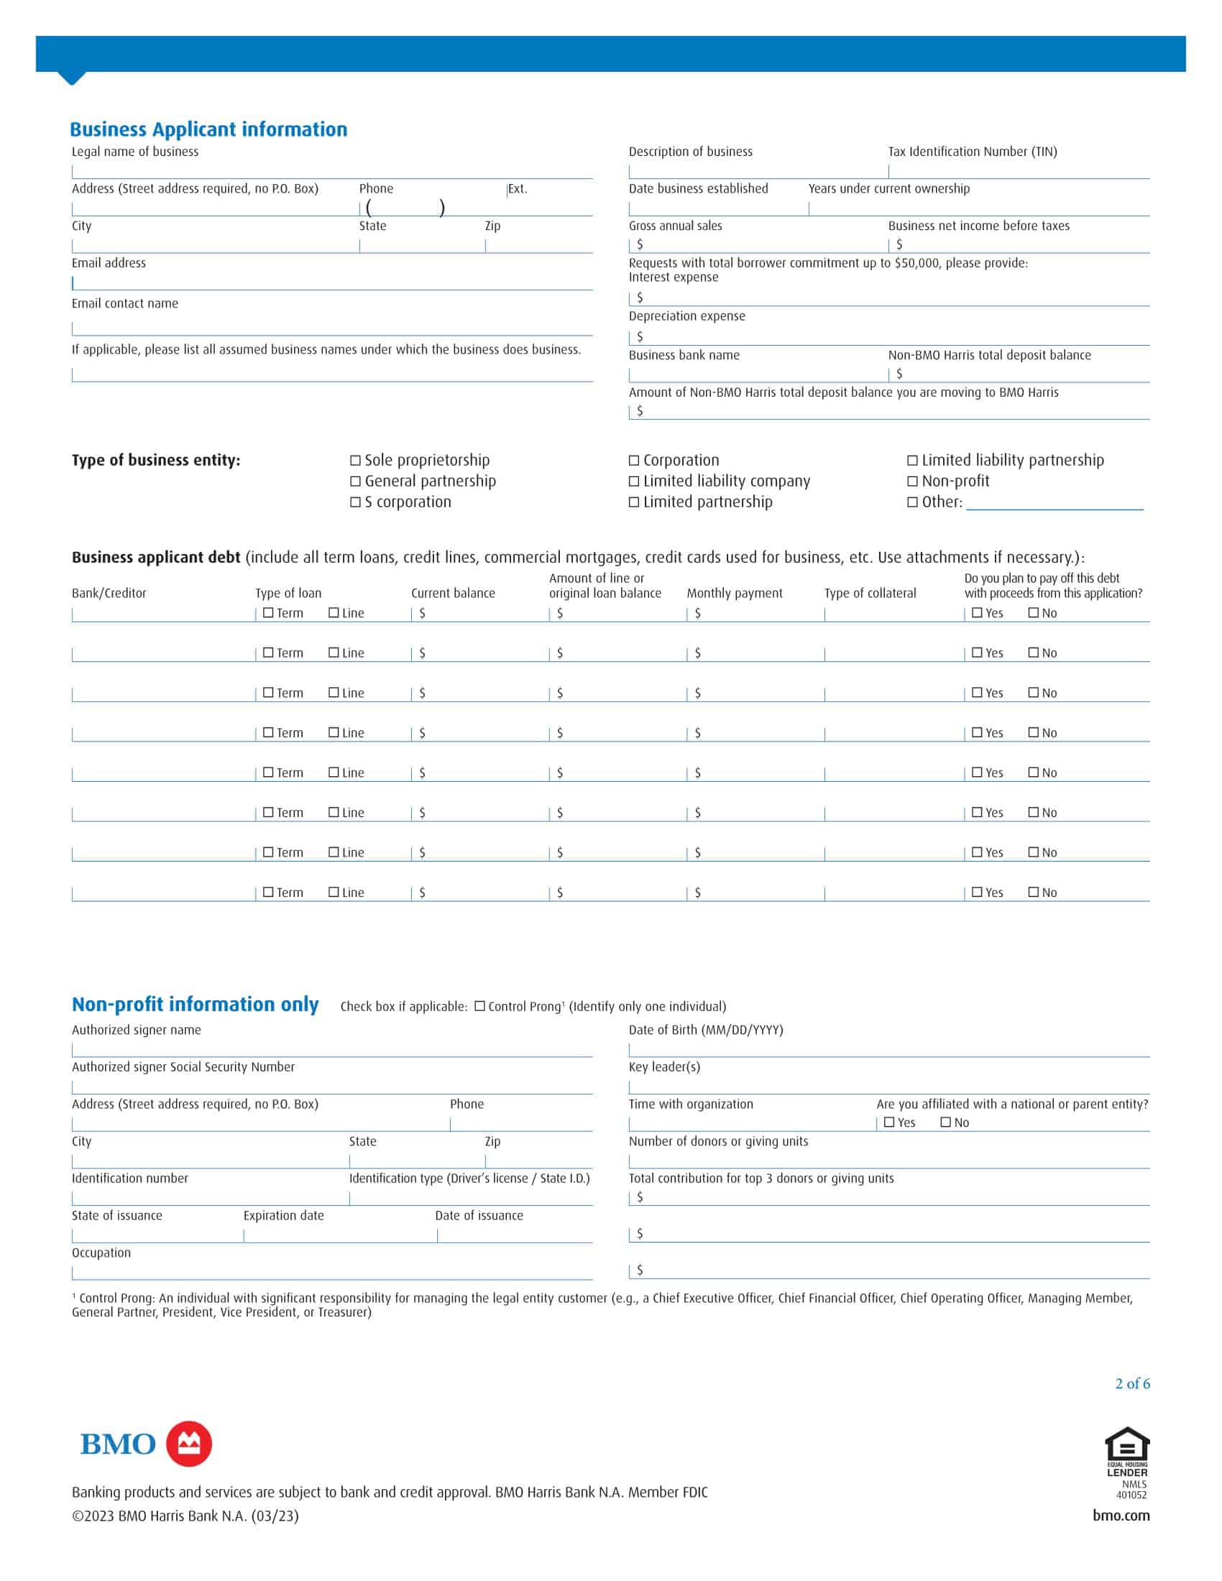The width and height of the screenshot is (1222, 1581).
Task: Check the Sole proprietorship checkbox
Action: tap(355, 461)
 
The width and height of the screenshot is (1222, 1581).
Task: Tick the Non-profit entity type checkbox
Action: tap(912, 481)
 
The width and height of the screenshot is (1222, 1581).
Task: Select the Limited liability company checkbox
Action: tap(634, 481)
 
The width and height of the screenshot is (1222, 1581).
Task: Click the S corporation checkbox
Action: tap(355, 502)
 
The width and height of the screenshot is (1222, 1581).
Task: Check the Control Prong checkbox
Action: tap(479, 1006)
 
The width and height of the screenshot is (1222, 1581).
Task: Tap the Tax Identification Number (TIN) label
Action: tap(973, 152)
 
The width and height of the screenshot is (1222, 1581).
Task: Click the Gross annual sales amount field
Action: tap(760, 244)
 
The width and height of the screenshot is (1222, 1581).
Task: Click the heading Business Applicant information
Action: tap(208, 129)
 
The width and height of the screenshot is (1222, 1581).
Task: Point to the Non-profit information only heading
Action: tap(195, 1005)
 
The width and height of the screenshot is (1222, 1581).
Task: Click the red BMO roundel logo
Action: tap(189, 1444)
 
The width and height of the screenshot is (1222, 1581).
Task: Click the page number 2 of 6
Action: tap(1132, 1384)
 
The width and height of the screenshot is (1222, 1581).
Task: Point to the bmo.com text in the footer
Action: tap(1121, 1516)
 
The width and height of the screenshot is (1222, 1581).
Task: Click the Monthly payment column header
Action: tap(734, 594)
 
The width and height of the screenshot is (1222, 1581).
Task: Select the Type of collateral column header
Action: tap(870, 594)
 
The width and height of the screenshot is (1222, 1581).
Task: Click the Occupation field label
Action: tap(101, 1253)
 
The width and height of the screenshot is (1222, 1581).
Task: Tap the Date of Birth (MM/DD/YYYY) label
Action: tap(706, 1030)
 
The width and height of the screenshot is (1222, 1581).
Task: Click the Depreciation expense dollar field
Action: tap(891, 336)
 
